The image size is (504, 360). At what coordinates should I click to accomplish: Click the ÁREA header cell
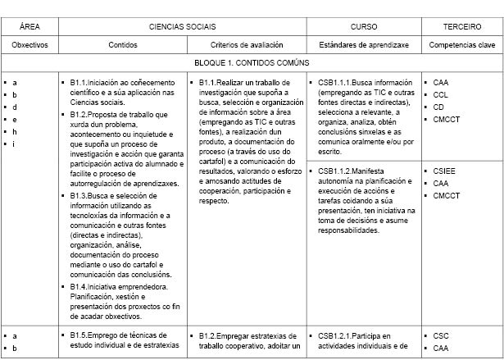(30, 27)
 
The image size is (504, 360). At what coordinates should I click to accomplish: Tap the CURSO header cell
(364, 27)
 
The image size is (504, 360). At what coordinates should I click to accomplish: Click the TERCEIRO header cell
(461, 27)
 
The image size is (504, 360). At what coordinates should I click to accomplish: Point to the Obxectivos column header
(30, 44)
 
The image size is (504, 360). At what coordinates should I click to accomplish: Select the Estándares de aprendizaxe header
(364, 44)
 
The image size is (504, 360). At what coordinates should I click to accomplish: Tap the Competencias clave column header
(461, 44)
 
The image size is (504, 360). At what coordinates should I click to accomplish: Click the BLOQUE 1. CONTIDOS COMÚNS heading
(252, 63)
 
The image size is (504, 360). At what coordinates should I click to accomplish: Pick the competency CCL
(441, 95)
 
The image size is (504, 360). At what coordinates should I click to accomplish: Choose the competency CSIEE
(444, 171)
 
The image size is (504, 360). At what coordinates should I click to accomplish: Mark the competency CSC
(441, 335)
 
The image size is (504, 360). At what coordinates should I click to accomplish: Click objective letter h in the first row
(15, 132)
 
